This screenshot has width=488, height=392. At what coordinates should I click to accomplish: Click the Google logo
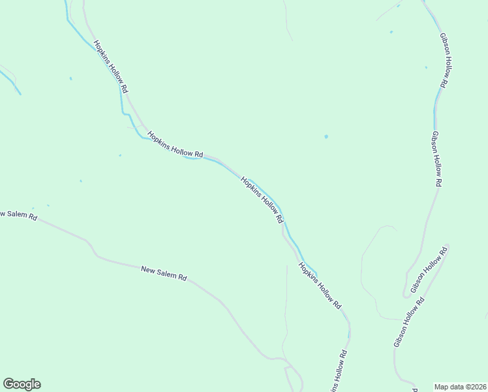(x=22, y=384)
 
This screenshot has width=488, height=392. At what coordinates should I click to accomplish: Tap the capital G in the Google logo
(x=8, y=384)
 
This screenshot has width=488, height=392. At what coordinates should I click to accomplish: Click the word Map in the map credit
(x=442, y=386)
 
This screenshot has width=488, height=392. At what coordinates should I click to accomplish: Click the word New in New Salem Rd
(x=149, y=269)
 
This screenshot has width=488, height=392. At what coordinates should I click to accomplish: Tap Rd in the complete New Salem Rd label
(x=183, y=278)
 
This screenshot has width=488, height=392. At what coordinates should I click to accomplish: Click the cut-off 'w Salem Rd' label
(x=18, y=215)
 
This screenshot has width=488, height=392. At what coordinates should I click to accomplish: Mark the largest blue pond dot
(x=326, y=137)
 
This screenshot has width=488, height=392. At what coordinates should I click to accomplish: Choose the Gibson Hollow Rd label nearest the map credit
(x=409, y=322)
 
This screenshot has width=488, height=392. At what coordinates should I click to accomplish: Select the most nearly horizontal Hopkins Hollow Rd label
(x=175, y=144)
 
